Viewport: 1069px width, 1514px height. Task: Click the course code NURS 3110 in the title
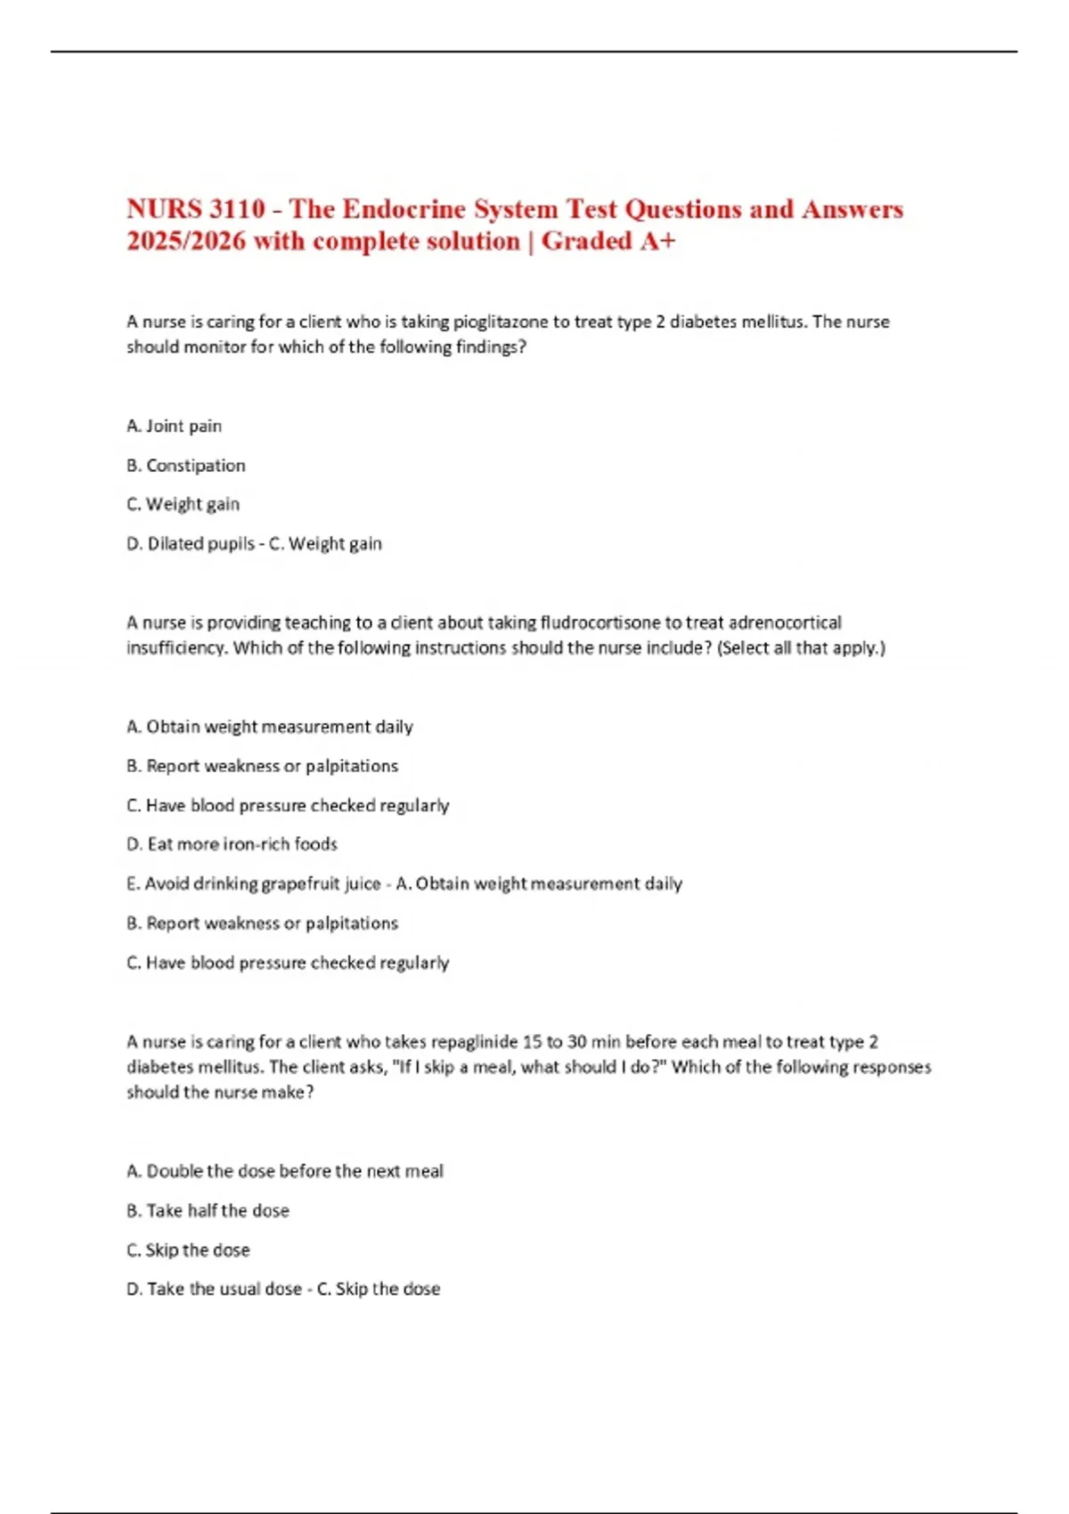click(x=196, y=209)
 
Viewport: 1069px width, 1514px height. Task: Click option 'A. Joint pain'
click(x=175, y=426)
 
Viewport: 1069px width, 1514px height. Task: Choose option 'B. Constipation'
click(x=186, y=465)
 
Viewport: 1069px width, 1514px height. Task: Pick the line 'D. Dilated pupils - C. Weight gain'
click(x=254, y=543)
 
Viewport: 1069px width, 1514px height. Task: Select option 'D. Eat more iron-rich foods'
click(x=233, y=843)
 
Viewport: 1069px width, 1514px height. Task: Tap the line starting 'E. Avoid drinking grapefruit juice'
click(x=404, y=883)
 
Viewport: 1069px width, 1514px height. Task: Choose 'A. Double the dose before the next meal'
click(x=285, y=1171)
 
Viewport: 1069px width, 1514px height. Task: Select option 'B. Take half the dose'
click(x=208, y=1210)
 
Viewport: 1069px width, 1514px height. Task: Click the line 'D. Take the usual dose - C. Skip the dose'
click(x=283, y=1289)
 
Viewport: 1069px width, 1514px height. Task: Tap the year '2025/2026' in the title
click(x=186, y=241)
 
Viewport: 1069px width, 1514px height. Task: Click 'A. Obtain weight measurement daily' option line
click(x=270, y=727)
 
